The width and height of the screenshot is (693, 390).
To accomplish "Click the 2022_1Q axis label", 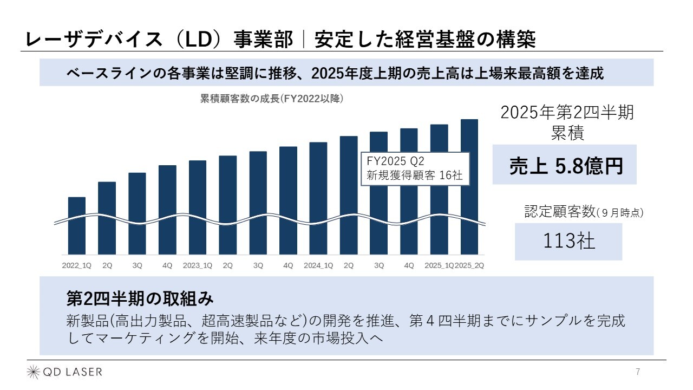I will (x=77, y=265).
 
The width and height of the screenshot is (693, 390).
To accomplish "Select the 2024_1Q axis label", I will (x=318, y=265).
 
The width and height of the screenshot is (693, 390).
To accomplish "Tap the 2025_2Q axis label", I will (x=469, y=265).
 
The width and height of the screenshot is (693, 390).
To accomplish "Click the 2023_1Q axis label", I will (x=198, y=265).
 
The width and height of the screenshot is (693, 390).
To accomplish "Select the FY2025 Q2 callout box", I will (x=415, y=168).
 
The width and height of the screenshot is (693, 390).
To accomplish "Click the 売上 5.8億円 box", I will (x=564, y=165).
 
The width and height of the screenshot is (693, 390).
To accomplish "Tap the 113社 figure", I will (x=568, y=242).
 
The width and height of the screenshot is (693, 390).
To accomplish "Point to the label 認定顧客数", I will (x=560, y=212).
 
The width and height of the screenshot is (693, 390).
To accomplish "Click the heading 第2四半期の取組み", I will (x=140, y=298).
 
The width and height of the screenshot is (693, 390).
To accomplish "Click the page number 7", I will (x=638, y=372).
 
